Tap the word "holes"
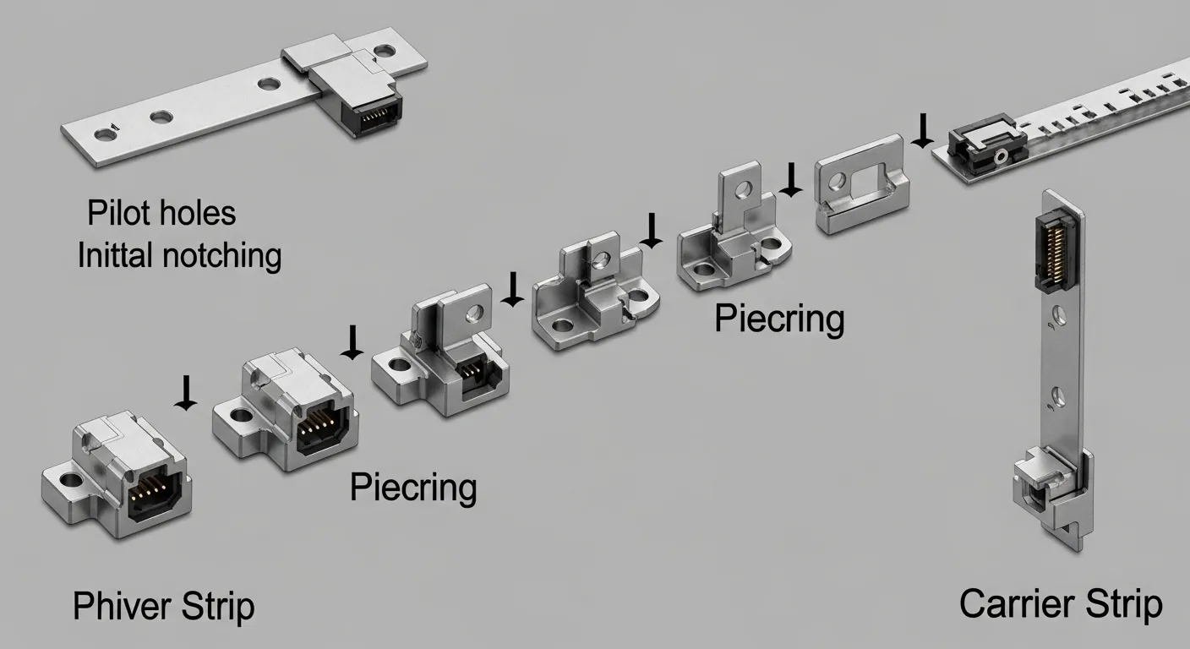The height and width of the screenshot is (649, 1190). pos(198,213)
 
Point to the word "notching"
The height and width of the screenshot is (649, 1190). pos(222,257)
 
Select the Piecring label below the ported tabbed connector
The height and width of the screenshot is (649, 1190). pos(412,488)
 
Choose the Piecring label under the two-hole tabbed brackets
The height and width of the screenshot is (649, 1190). pos(779,319)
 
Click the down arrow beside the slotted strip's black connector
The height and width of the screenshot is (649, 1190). pos(923,131)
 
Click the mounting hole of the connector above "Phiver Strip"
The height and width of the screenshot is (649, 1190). pos(69,480)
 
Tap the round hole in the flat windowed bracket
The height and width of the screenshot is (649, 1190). pos(836,182)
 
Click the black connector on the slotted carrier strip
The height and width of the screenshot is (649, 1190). pos(988,143)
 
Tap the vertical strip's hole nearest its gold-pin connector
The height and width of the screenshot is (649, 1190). pos(1059,316)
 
